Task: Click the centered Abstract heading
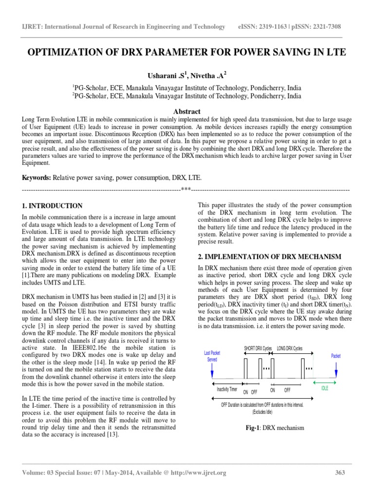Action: tap(187, 112)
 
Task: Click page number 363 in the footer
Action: tap(340, 473)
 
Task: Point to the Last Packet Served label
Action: tap(212, 355)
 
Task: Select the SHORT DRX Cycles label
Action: tap(258, 348)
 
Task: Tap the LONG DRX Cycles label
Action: tap(290, 348)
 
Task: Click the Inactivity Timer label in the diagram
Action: tap(226, 390)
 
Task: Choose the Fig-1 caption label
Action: tap(256, 428)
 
